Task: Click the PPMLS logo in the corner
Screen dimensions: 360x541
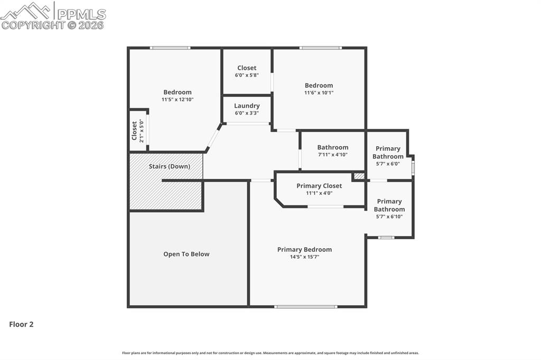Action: click(53, 16)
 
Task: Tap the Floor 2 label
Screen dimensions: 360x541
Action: click(21, 325)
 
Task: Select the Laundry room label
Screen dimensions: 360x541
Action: click(247, 106)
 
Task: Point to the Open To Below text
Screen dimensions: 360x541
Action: click(186, 254)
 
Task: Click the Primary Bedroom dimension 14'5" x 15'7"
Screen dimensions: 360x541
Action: click(304, 257)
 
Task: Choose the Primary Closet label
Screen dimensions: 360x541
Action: click(319, 186)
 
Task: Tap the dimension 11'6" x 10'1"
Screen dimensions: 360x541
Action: click(319, 93)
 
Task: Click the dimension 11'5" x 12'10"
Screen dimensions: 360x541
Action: click(178, 99)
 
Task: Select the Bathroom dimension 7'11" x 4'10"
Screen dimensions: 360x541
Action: click(332, 155)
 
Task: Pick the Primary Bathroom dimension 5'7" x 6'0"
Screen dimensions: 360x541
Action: click(388, 164)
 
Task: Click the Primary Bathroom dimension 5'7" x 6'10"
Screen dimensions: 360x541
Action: click(389, 216)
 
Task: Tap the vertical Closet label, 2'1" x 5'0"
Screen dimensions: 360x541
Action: click(138, 131)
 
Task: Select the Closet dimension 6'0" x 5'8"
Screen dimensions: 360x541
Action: click(247, 75)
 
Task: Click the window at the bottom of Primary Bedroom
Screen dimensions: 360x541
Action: click(306, 306)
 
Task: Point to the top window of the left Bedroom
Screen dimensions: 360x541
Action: click(170, 48)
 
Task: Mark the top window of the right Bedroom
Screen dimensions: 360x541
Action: click(320, 48)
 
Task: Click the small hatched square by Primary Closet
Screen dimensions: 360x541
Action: click(359, 176)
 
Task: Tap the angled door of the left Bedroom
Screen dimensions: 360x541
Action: click(213, 138)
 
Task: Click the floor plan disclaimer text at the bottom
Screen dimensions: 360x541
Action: click(270, 353)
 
